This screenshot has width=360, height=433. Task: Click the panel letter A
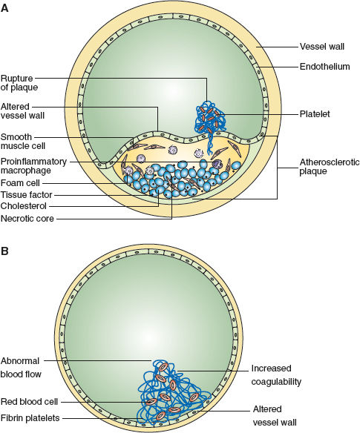[4, 7]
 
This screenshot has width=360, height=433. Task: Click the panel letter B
[4, 251]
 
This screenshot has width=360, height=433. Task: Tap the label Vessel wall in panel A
[322, 47]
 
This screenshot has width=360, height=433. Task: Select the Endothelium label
[324, 67]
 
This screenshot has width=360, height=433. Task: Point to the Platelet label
[315, 113]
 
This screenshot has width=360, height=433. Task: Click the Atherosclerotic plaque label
[330, 166]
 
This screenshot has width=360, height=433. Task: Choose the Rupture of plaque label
[19, 83]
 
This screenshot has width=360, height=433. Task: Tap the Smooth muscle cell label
[23, 142]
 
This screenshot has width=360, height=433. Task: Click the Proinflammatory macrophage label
[33, 165]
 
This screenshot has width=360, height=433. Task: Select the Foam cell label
[20, 183]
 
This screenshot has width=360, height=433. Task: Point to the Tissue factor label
[26, 195]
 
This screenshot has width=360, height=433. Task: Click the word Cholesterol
[24, 206]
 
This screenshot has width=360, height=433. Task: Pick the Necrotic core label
[27, 219]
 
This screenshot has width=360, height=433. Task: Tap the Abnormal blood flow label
[21, 367]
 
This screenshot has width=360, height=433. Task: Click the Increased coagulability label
[276, 374]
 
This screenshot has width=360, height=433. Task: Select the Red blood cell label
[29, 402]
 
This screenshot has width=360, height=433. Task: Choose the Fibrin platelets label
[30, 418]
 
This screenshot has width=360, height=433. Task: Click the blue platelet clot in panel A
[210, 121]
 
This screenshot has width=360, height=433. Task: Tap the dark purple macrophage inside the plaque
[217, 164]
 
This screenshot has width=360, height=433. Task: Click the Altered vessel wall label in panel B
[275, 416]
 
